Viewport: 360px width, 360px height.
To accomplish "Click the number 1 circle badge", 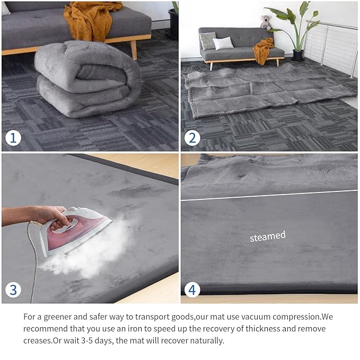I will (x=13, y=138).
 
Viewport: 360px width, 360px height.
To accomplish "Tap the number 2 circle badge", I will (x=192, y=139).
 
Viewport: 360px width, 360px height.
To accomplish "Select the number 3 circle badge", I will (x=13, y=290).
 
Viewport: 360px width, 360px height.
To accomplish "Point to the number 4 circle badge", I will (x=192, y=290).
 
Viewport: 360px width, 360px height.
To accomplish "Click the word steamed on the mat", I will (x=268, y=236).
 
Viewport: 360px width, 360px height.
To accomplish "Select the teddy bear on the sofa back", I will (x=266, y=22).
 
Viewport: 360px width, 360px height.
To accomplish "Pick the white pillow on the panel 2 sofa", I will (x=223, y=43).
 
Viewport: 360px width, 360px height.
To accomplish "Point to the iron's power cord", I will (x=33, y=265).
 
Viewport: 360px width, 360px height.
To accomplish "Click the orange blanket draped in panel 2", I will (x=264, y=50).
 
